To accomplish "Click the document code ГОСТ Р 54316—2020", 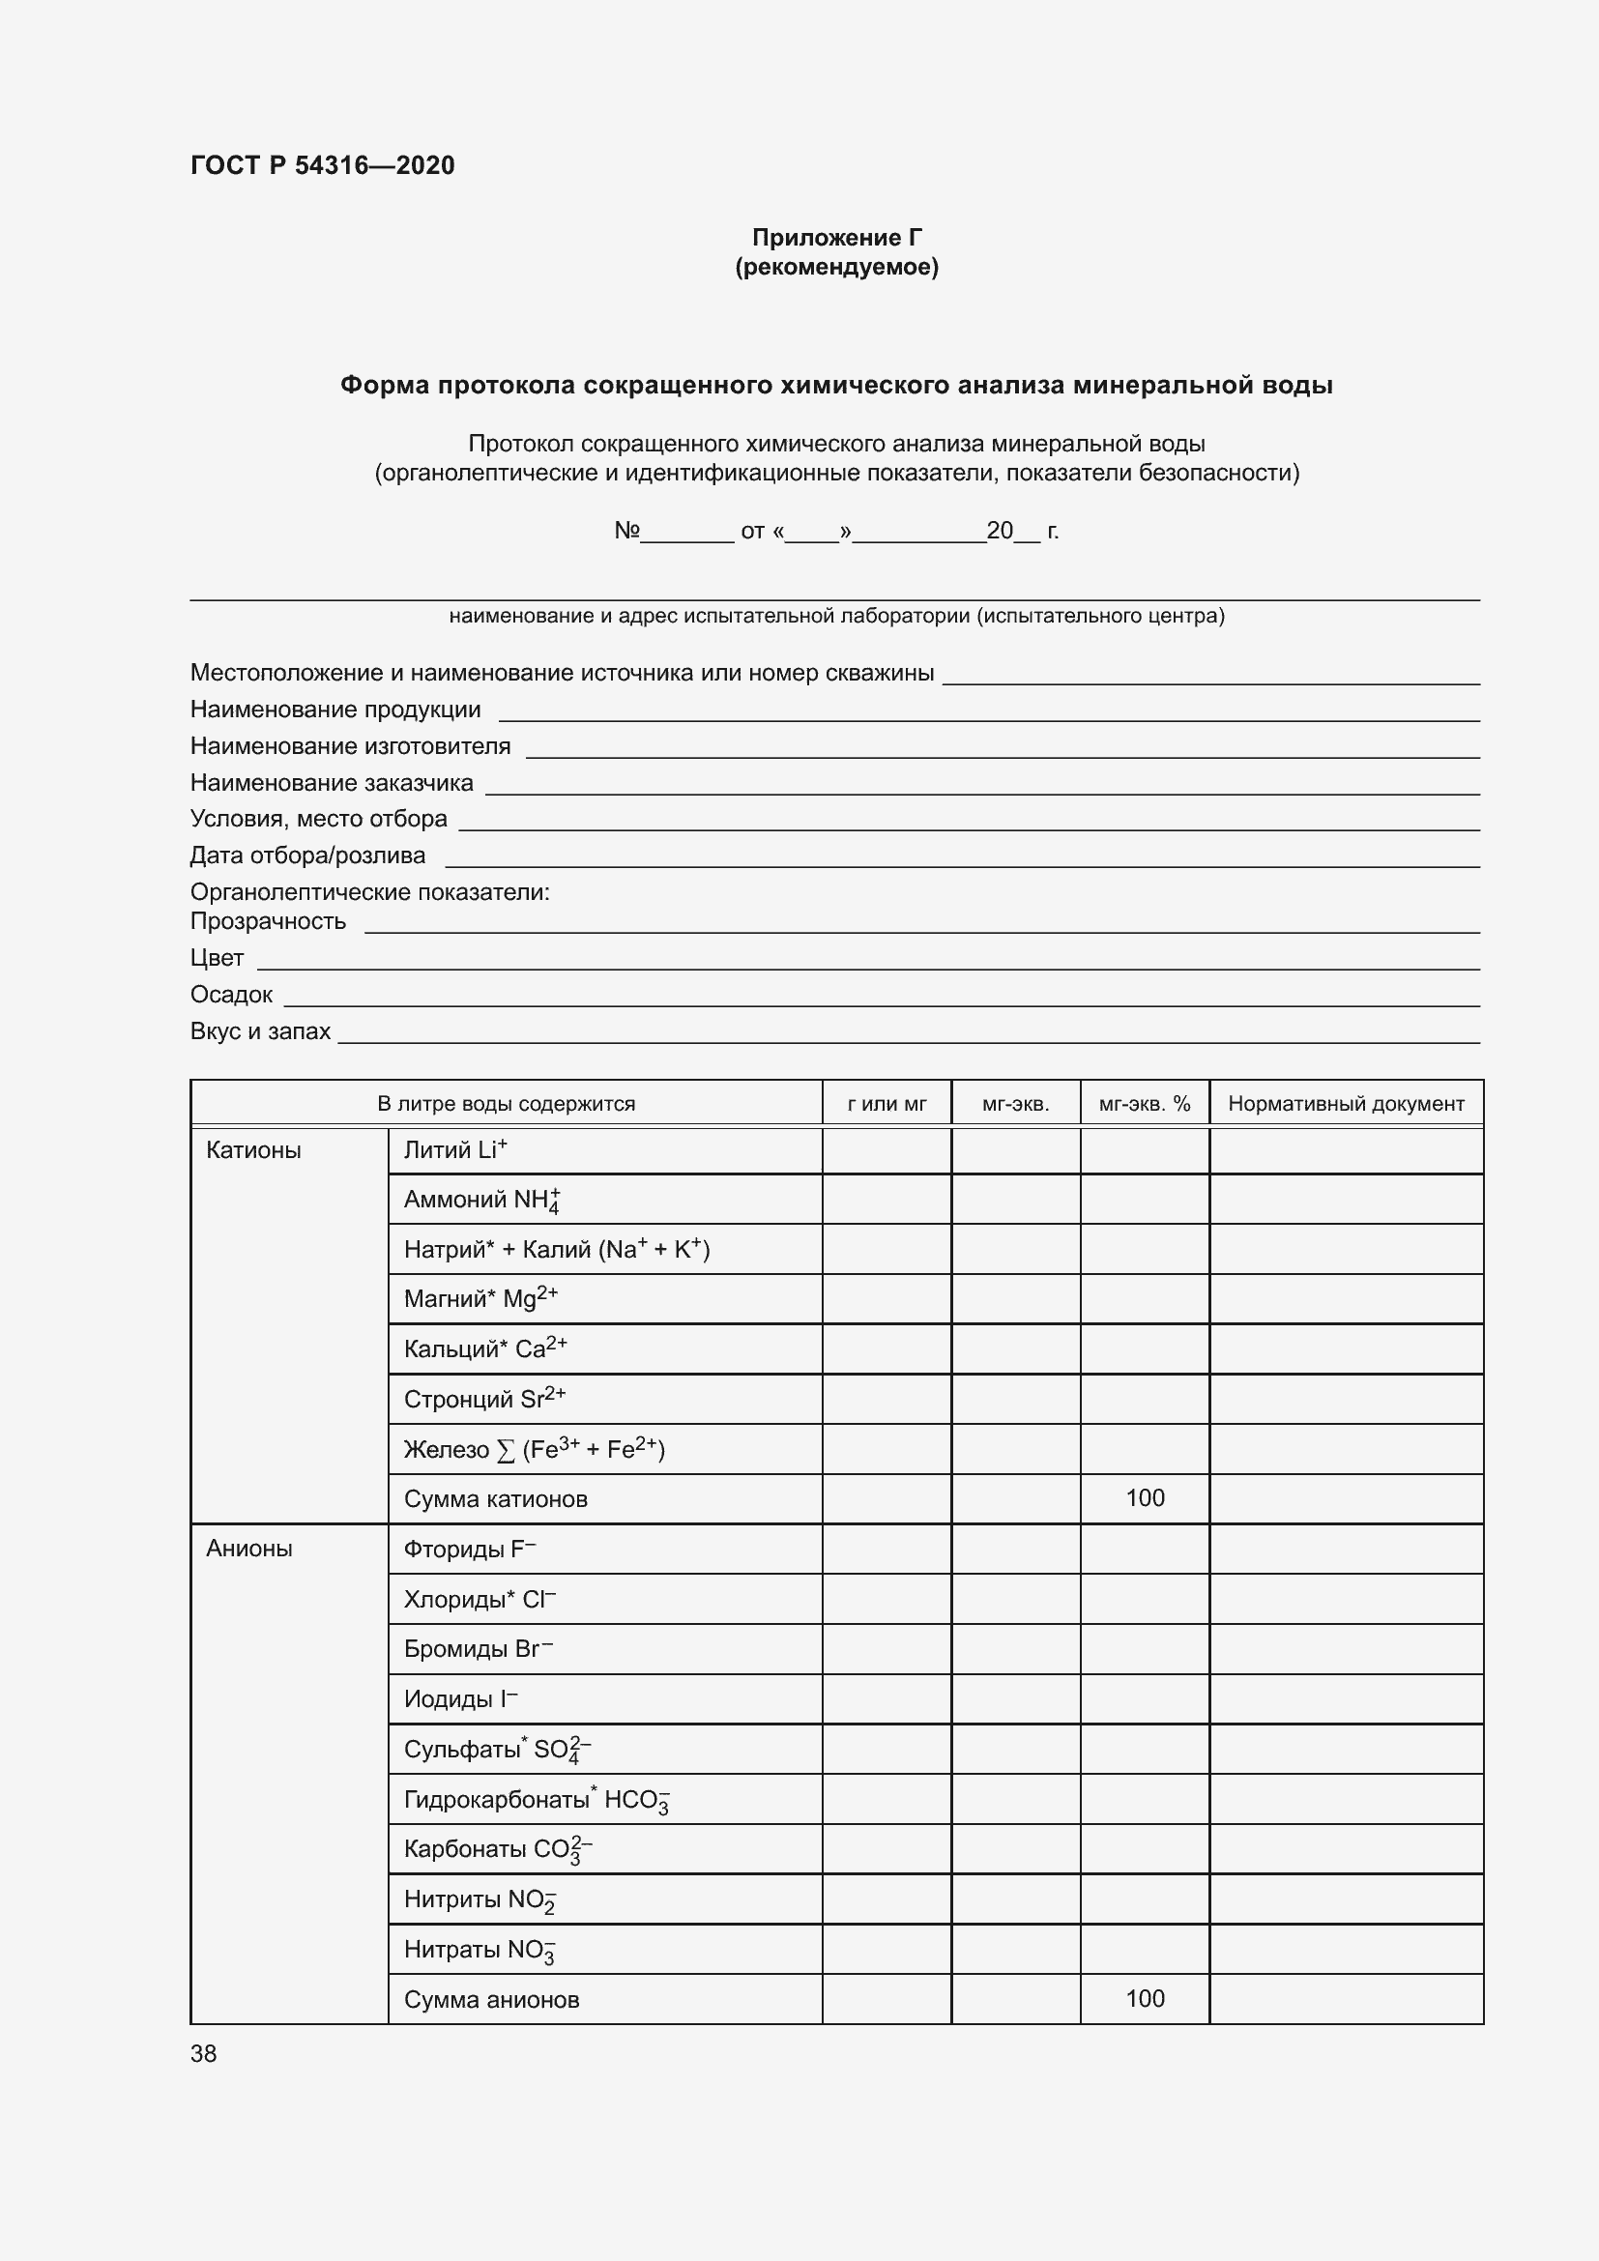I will point(322,165).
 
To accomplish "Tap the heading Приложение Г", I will point(836,238).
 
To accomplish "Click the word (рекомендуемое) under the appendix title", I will point(836,267).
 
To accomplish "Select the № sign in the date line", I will point(626,531).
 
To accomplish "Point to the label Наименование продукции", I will point(334,709).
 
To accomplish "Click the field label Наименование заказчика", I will point(331,783).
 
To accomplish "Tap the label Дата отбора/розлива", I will point(307,855).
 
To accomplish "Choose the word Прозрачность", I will point(268,922).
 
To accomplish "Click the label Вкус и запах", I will point(260,1031).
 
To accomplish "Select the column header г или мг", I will point(887,1104).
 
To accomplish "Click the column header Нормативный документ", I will point(1345,1104).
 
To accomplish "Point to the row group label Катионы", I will point(253,1150).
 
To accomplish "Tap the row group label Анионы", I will point(249,1548).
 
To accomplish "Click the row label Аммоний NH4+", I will point(481,1200).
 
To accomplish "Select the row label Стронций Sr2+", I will point(484,1399).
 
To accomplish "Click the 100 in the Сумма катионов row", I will point(1144,1497).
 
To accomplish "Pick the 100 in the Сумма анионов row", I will point(1144,1998).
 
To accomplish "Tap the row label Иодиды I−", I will point(460,1698).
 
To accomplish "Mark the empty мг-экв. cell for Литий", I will point(1015,1150).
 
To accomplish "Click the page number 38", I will point(204,2053).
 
